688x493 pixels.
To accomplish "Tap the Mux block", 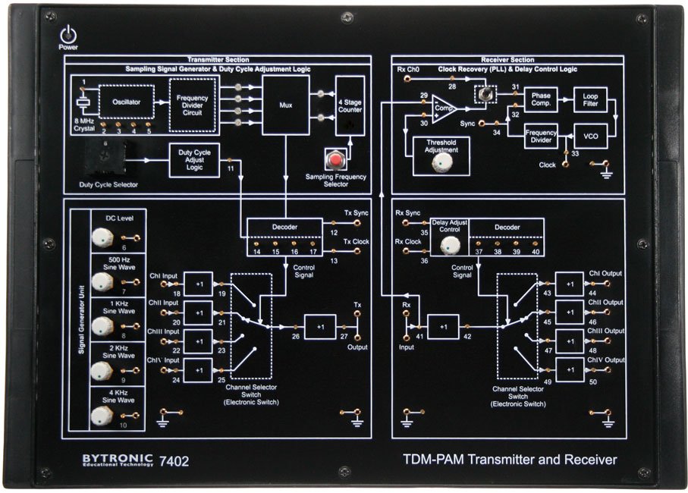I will [285, 105].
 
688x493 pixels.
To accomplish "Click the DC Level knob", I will [99, 238].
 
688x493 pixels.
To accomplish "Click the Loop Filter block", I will [591, 100].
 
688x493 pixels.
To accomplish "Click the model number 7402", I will [174, 460].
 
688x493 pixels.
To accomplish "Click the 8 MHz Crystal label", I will [84, 125].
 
